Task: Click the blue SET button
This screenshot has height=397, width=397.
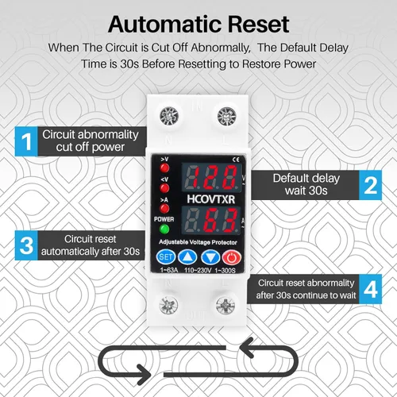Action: [x=166, y=256]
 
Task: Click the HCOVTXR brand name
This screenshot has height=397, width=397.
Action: [x=207, y=195]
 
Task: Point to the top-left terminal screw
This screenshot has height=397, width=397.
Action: [x=170, y=114]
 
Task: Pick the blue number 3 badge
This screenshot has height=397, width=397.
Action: [x=27, y=244]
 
